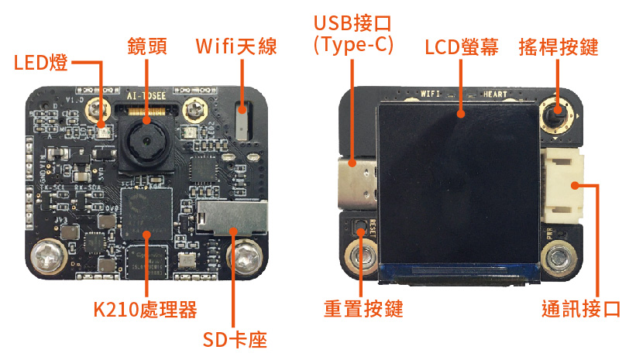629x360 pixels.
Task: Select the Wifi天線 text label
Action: tap(234, 46)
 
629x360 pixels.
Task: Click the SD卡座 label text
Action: tap(235, 341)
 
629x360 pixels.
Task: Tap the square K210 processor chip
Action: tap(146, 213)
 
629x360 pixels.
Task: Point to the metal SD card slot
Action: tap(232, 217)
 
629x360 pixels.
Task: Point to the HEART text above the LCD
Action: tap(496, 94)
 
